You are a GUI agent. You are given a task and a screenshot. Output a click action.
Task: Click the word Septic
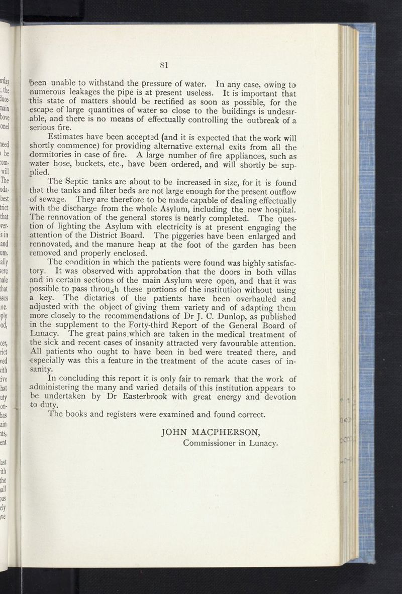[x=88, y=182]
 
